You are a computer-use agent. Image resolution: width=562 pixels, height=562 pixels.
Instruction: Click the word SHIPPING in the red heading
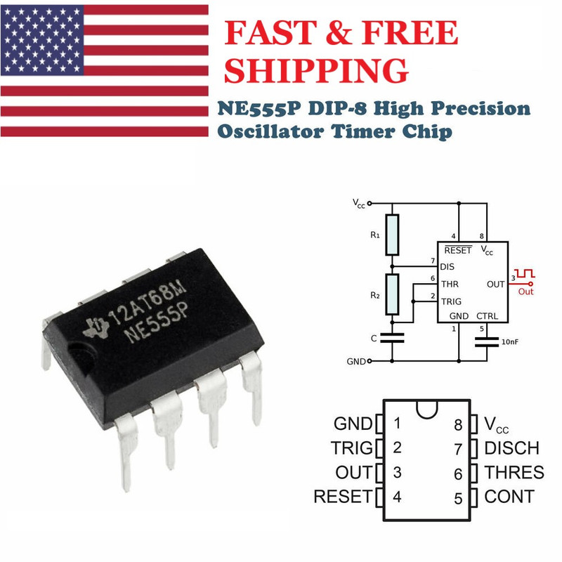320,70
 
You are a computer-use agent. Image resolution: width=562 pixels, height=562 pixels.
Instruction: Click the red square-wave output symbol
526,272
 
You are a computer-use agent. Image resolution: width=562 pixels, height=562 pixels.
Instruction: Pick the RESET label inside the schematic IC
458,250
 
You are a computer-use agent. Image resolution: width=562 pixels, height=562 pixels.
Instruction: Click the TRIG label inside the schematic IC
450,301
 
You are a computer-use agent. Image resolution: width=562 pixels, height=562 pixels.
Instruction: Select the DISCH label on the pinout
511,448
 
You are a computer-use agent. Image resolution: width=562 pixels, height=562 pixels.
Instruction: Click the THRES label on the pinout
514,472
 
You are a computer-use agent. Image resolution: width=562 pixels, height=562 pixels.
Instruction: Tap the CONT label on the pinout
509,497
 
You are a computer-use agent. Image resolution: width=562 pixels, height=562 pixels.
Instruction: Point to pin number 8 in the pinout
458,424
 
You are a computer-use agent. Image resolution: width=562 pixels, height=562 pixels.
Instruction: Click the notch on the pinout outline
426,407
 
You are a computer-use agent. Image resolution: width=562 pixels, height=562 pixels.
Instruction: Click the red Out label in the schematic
526,291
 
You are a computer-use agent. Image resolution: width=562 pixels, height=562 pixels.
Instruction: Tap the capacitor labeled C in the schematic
393,338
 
